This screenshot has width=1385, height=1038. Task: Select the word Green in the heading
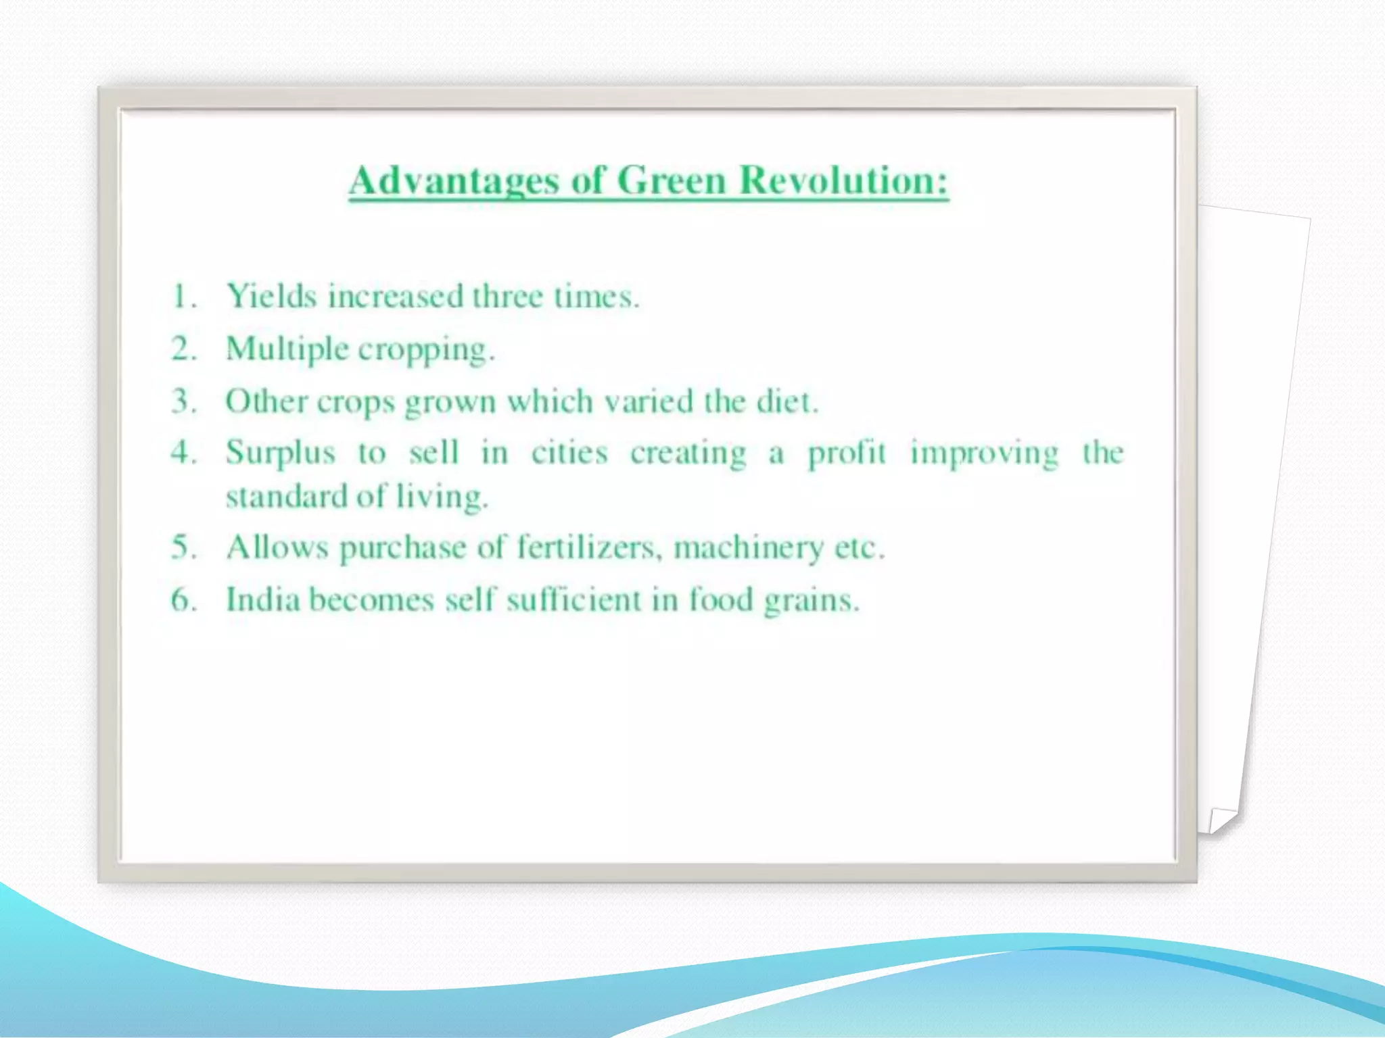pos(671,180)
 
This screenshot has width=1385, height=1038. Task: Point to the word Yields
pos(271,297)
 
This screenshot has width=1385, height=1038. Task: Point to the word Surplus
pos(280,453)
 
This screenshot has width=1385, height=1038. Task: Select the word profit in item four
pos(847,453)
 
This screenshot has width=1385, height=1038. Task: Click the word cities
pos(569,453)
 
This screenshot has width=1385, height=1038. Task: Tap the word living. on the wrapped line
pos(442,497)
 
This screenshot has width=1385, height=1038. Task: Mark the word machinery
pos(748,548)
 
